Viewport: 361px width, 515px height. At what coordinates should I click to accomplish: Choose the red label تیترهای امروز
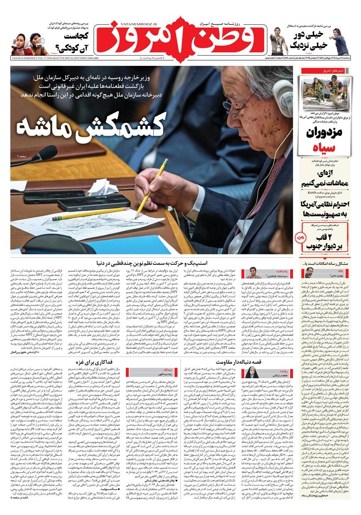[327, 71]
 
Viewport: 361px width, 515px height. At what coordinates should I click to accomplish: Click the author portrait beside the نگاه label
[310, 273]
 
